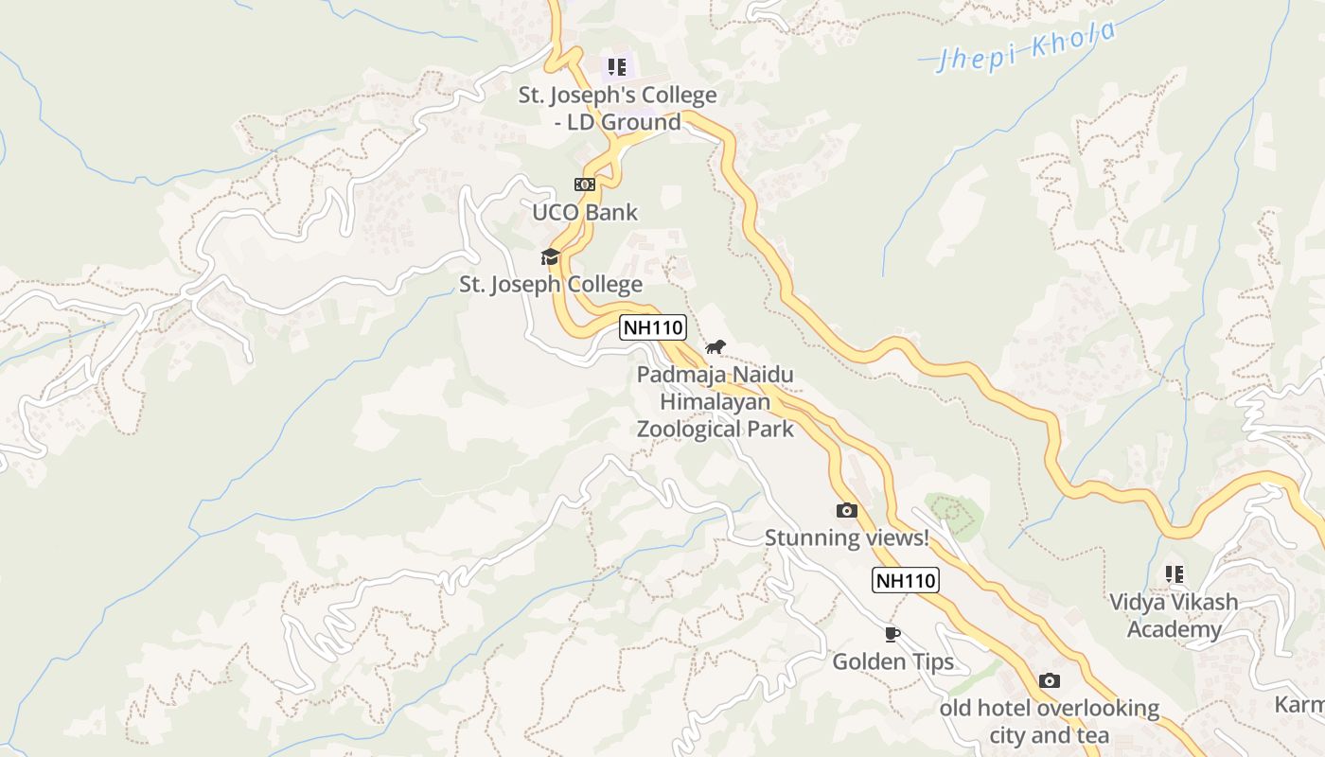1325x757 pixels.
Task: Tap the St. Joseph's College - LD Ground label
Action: point(617,109)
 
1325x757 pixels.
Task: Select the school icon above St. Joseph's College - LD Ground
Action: point(617,67)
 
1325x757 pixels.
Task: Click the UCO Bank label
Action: point(585,213)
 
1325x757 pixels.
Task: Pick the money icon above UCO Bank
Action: point(585,185)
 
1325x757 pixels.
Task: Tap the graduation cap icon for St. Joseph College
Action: point(550,256)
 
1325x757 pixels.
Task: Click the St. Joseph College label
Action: point(551,285)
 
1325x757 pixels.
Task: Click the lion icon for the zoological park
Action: point(715,346)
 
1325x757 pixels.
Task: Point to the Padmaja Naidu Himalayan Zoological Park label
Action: point(715,402)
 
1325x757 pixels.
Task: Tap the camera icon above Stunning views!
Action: point(847,511)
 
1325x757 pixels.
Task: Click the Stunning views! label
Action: point(847,538)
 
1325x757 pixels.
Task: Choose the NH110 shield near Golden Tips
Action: point(905,580)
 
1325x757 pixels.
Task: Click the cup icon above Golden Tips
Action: point(892,634)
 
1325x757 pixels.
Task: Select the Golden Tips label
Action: point(892,662)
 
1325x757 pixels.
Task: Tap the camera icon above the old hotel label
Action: point(1049,681)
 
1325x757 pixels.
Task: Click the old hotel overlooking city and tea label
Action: point(1049,721)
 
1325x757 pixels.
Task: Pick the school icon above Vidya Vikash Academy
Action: point(1174,573)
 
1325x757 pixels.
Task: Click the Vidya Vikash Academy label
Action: point(1174,616)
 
